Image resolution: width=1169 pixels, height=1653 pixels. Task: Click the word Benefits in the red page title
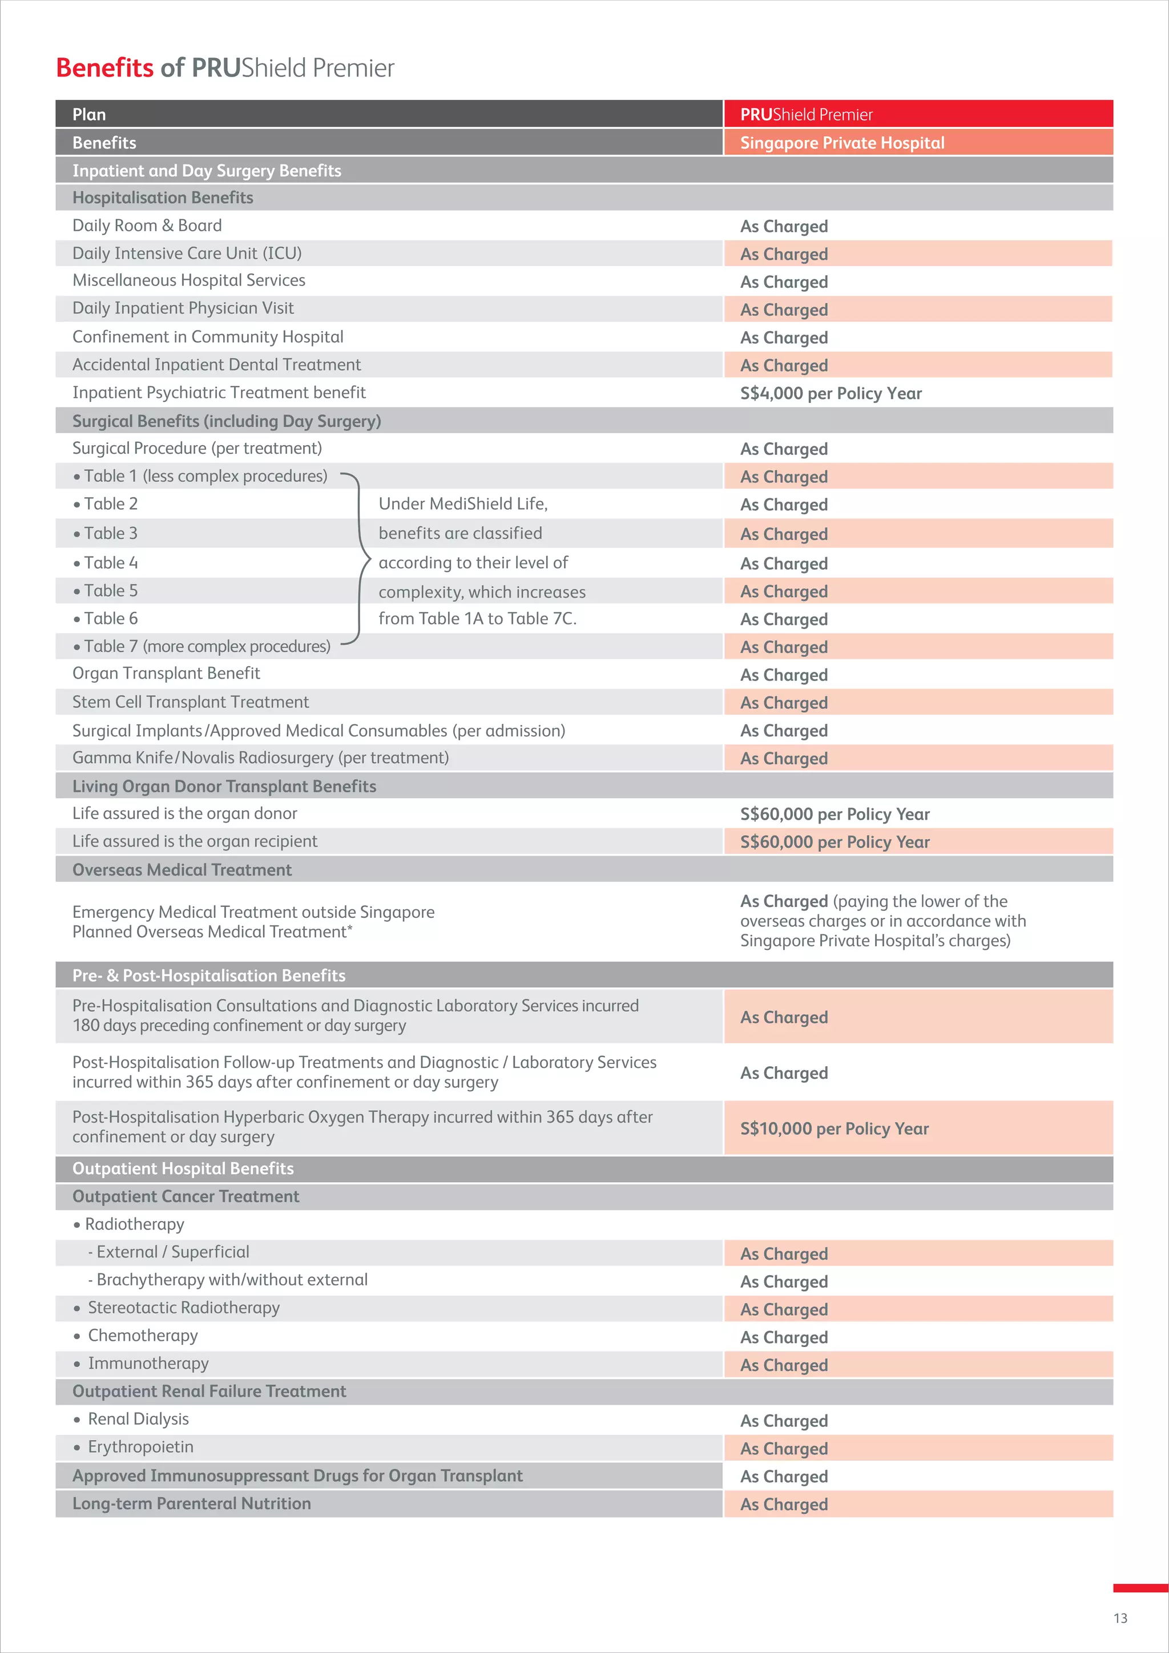point(104,68)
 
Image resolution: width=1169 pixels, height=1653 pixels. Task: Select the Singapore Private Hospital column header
point(841,143)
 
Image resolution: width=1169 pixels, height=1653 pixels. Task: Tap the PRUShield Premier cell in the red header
point(805,115)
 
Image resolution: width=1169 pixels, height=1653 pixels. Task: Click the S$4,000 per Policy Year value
point(830,393)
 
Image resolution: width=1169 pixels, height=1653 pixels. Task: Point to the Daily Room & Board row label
point(147,225)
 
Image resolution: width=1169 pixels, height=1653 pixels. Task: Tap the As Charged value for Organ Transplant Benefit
point(783,675)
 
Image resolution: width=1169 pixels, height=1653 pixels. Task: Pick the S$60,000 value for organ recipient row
point(835,841)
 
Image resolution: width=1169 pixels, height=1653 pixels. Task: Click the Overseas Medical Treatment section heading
point(182,870)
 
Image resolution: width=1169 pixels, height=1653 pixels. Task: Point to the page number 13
point(1120,1618)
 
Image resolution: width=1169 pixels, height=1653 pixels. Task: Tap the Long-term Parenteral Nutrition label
point(191,1503)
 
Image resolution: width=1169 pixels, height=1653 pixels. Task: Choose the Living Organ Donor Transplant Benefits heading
point(224,786)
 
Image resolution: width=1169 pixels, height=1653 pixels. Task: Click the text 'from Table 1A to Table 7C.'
point(477,618)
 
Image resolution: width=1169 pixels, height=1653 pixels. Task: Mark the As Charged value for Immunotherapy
point(783,1365)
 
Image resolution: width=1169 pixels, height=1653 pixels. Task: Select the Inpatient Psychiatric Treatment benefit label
point(219,392)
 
